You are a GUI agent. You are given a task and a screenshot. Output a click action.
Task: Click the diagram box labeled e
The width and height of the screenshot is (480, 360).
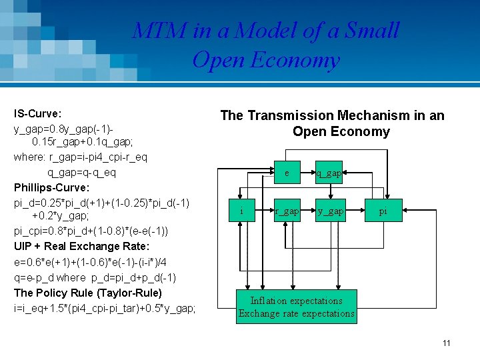click(x=287, y=173)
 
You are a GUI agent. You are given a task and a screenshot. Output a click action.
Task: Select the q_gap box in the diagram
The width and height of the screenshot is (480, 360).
click(x=329, y=173)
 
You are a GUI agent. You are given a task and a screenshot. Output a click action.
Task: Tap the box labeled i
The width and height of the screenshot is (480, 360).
click(x=241, y=211)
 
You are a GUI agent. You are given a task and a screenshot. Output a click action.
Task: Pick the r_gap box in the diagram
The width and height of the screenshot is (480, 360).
click(x=287, y=211)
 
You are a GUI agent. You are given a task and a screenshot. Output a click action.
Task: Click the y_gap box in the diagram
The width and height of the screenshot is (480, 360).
click(x=330, y=211)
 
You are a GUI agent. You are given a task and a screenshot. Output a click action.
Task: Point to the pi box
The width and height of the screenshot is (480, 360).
click(x=383, y=211)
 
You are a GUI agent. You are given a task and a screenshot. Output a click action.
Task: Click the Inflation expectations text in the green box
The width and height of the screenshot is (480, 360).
click(x=296, y=301)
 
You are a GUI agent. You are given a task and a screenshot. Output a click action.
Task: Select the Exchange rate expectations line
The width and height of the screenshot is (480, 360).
click(x=296, y=313)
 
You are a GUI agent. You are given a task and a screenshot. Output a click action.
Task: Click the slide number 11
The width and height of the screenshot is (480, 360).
click(x=446, y=343)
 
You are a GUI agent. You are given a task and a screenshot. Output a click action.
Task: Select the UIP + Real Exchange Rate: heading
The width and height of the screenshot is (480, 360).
click(x=79, y=247)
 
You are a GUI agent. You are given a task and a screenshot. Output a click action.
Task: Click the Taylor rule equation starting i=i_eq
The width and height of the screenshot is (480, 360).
click(x=105, y=308)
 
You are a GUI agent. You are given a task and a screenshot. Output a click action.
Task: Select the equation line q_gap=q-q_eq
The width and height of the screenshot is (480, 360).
click(x=72, y=172)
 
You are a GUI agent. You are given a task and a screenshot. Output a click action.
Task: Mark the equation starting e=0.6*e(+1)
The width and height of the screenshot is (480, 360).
click(x=87, y=262)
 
